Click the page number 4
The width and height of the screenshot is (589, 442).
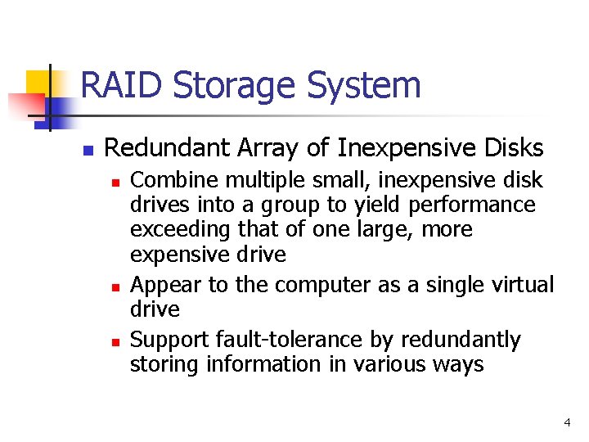click(567, 422)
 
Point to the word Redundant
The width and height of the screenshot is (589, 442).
click(164, 147)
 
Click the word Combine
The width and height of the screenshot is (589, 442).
click(168, 179)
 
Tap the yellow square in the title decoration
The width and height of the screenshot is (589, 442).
click(40, 83)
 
